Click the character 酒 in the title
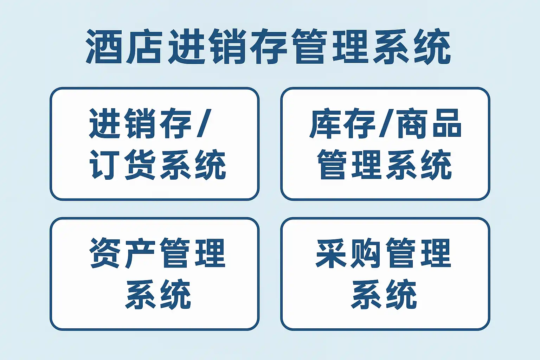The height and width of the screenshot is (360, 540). [104, 46]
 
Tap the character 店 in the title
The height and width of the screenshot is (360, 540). [144, 46]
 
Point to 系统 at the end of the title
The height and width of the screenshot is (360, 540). [412, 46]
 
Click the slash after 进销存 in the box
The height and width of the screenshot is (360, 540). [204, 123]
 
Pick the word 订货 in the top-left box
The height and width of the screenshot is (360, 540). [122, 165]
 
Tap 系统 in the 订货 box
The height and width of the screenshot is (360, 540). [193, 165]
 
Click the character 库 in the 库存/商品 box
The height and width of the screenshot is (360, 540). [324, 124]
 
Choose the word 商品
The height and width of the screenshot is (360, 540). [429, 124]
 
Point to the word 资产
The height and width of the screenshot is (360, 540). [122, 253]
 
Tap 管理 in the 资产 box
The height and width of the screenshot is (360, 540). [193, 253]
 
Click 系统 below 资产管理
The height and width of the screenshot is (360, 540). [158, 294]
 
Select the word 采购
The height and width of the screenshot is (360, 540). [348, 253]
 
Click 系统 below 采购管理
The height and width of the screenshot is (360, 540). [384, 294]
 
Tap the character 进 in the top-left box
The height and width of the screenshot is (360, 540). [105, 123]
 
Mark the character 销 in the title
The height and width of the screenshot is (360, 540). [227, 46]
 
